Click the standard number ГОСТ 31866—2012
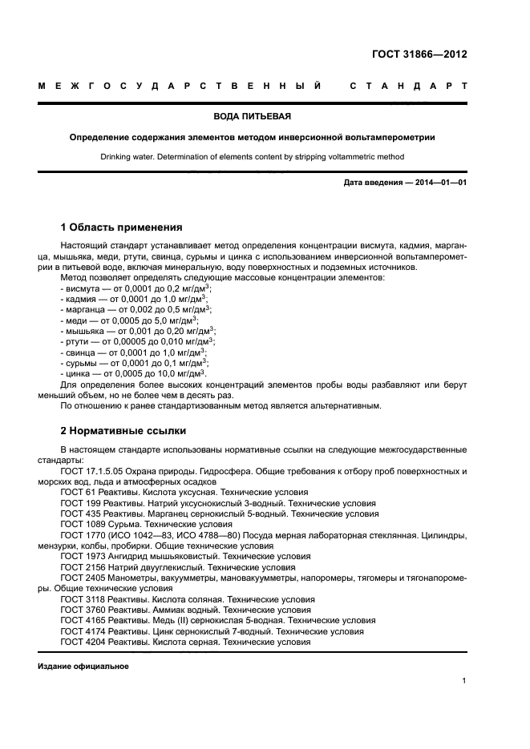pyautogui.click(x=419, y=55)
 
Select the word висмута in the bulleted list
pyautogui.click(x=83, y=287)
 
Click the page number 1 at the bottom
pyautogui.click(x=464, y=681)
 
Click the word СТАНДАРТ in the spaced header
pyautogui.click(x=407, y=86)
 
